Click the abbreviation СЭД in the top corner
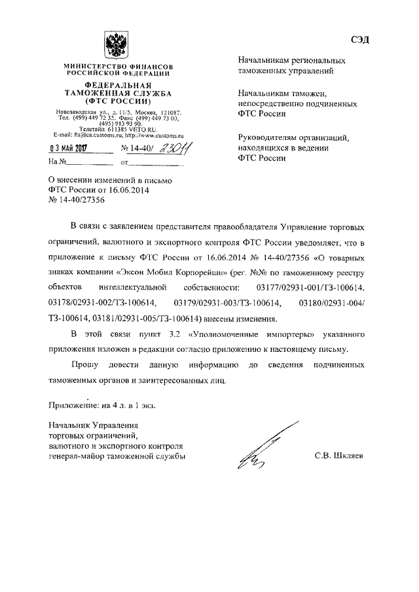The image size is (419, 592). click(359, 40)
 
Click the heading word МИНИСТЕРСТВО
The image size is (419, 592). click(92, 67)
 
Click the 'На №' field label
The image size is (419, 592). click(58, 162)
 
